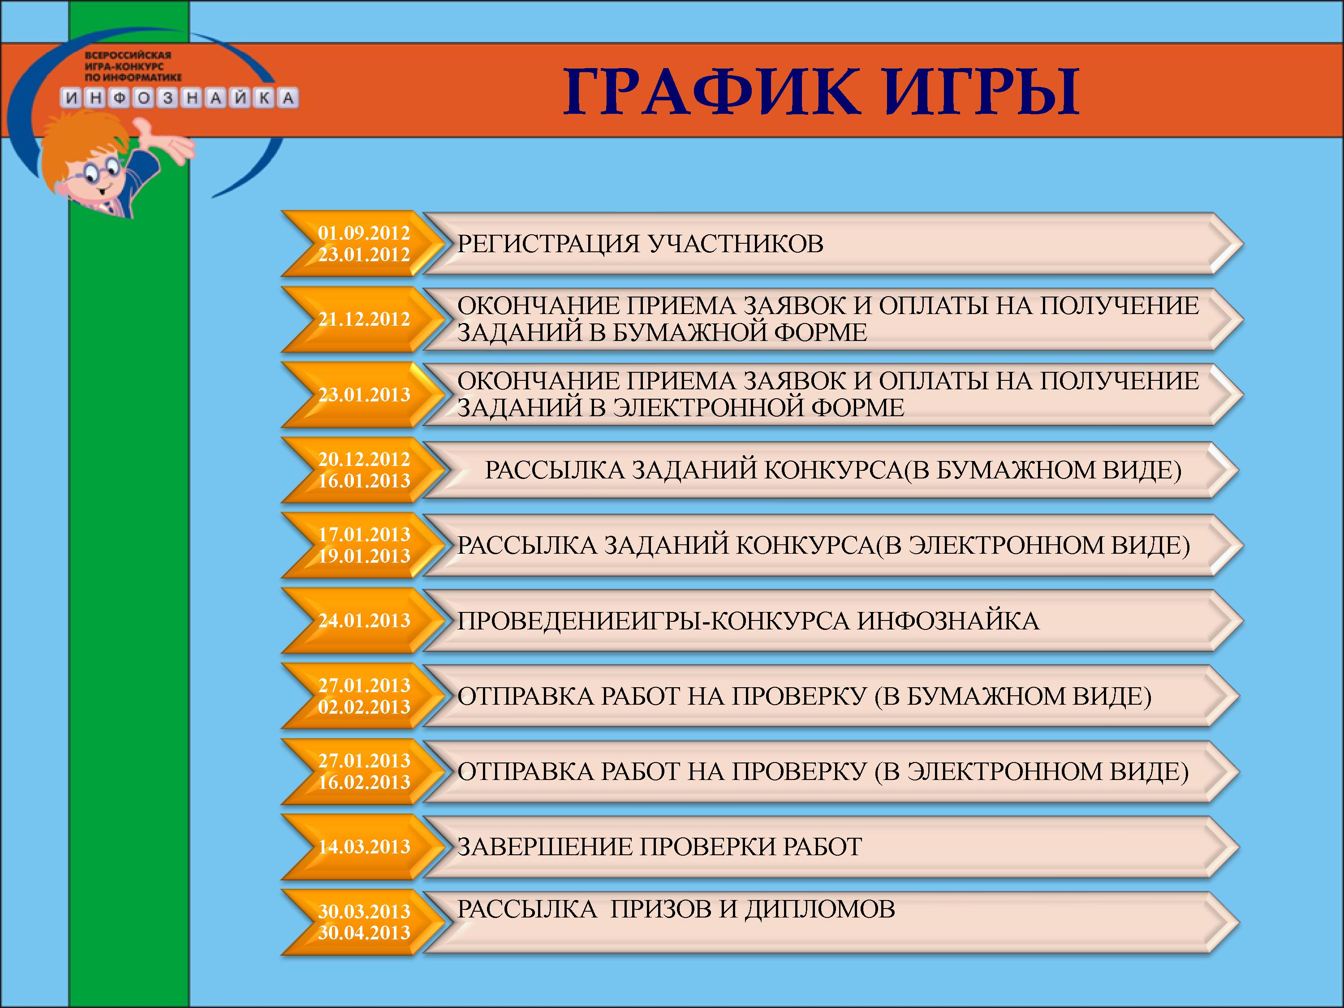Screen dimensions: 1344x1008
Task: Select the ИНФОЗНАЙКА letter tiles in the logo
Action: click(x=179, y=98)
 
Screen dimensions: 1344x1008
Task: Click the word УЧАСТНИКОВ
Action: click(x=735, y=244)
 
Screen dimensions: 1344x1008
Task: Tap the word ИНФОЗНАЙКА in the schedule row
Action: click(x=948, y=621)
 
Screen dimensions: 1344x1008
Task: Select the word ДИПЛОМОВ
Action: click(x=820, y=909)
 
